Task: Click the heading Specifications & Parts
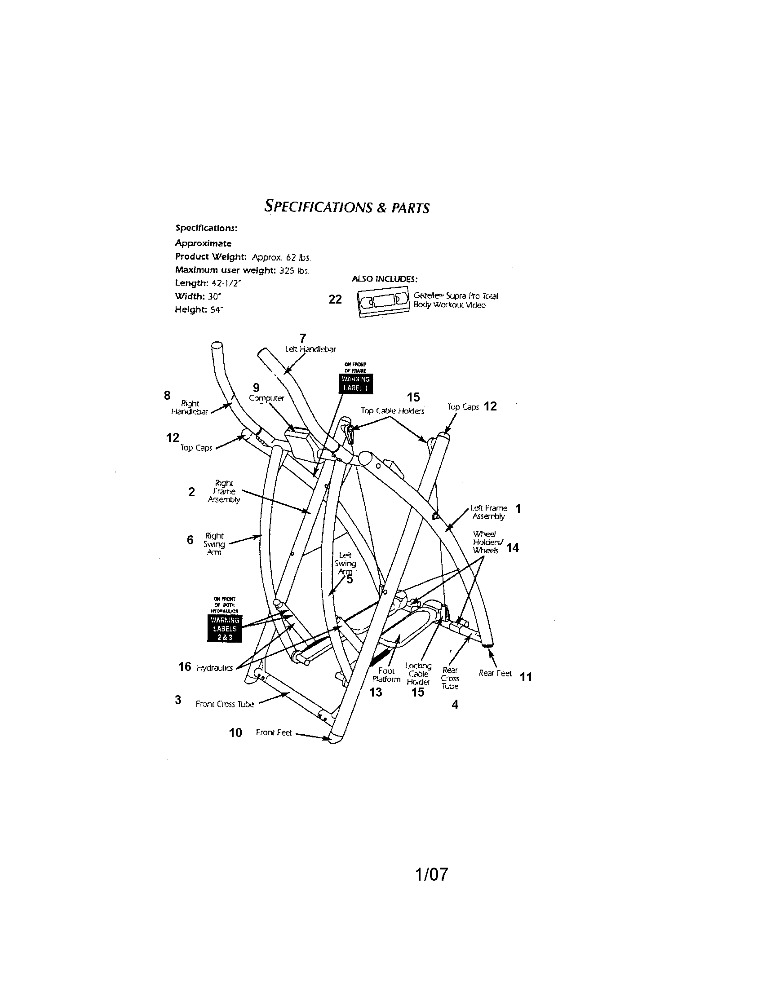click(346, 207)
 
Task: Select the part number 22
click(335, 300)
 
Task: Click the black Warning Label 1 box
click(357, 383)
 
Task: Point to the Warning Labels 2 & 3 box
click(225, 628)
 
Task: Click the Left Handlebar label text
click(310, 349)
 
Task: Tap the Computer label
click(266, 398)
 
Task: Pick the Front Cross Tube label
click(225, 704)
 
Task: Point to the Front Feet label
click(274, 732)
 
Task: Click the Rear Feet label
click(495, 673)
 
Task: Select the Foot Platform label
click(386, 675)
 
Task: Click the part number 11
click(526, 677)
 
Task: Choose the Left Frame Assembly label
click(489, 512)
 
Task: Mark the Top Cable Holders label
click(392, 411)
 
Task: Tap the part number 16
click(185, 666)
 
